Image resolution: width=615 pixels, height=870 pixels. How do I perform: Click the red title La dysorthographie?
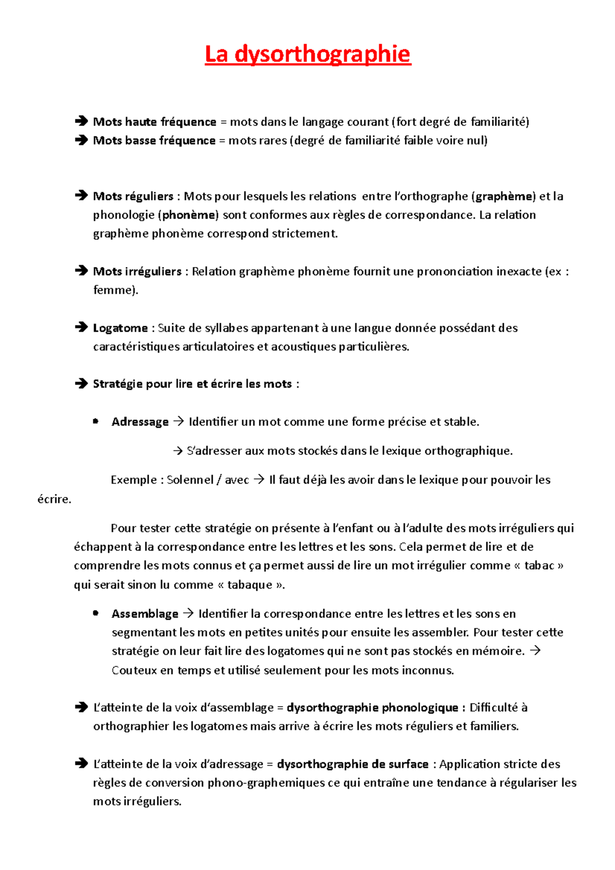(307, 54)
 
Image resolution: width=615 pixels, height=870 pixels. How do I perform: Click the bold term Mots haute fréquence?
(154, 122)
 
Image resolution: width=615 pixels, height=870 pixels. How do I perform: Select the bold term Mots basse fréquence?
(154, 140)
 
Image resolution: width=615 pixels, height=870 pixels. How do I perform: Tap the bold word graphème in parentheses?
(504, 196)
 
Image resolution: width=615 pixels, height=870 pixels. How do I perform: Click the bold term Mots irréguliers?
(137, 272)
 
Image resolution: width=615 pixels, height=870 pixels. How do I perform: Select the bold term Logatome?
(120, 328)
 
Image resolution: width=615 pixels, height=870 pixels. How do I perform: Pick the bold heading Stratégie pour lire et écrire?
(192, 384)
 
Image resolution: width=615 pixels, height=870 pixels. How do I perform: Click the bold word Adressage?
(140, 422)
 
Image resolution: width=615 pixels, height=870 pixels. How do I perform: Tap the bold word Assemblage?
(145, 614)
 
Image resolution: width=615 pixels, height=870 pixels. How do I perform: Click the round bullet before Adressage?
(95, 421)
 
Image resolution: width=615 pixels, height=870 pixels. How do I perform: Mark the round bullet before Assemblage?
(95, 613)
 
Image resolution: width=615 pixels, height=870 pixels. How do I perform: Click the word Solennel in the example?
(190, 480)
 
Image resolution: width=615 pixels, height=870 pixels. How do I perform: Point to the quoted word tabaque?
(250, 585)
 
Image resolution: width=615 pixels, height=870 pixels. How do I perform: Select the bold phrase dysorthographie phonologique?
(372, 708)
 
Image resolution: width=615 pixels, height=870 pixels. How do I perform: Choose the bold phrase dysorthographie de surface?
(353, 764)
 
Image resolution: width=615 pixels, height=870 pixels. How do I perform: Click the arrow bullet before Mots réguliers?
(81, 196)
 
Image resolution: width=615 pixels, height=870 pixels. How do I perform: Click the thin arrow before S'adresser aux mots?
(178, 451)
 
